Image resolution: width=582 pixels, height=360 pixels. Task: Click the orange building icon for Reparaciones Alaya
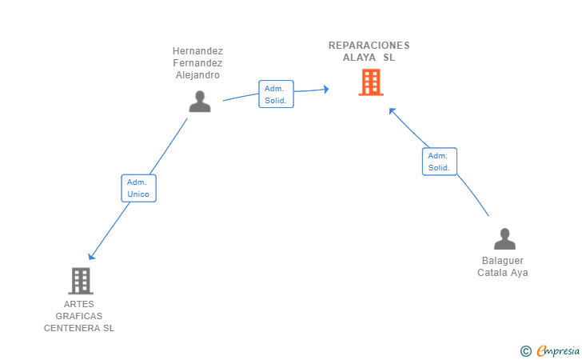(370, 82)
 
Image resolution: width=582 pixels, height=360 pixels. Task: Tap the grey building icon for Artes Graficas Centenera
(81, 280)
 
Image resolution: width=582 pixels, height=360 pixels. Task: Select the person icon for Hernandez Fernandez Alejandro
(199, 102)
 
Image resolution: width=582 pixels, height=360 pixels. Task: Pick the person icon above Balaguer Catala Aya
(504, 239)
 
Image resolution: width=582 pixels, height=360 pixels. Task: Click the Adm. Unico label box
(138, 188)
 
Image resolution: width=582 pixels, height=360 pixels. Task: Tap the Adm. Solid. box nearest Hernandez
(276, 94)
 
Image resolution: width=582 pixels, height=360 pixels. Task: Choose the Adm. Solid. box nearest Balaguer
(439, 162)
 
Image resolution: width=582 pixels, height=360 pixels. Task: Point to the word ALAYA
(349, 58)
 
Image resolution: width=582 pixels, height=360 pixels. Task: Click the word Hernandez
(197, 51)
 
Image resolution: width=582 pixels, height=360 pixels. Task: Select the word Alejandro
(197, 75)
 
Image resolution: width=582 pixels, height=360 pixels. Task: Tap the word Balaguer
(503, 261)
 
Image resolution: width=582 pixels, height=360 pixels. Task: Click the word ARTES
(79, 304)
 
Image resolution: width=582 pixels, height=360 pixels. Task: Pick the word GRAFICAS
(79, 316)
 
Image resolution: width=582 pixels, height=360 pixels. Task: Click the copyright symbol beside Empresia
(525, 350)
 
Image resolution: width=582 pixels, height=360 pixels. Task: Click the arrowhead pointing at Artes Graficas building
(91, 256)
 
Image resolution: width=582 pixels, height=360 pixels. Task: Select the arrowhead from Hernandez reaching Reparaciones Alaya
(325, 89)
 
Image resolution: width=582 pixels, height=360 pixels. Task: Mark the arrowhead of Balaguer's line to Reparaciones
(392, 110)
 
